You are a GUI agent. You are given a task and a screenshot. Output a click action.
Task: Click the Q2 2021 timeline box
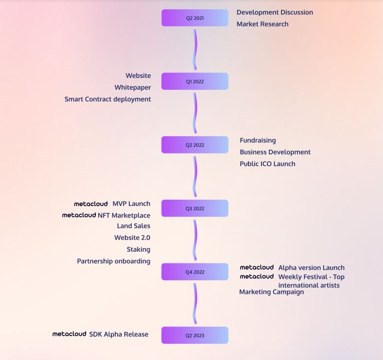click(x=194, y=18)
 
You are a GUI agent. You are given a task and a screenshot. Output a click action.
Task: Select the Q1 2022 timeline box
click(x=194, y=82)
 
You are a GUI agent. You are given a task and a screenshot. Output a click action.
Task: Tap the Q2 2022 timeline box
click(x=194, y=145)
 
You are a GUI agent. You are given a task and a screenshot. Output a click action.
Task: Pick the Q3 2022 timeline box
click(x=194, y=208)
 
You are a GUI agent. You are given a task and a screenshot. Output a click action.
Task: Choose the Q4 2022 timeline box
click(x=194, y=272)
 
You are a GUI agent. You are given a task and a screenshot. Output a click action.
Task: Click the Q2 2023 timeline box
click(x=194, y=335)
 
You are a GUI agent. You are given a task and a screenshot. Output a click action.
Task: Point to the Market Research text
click(x=262, y=24)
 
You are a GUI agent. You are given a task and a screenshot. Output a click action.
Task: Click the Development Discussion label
click(x=275, y=12)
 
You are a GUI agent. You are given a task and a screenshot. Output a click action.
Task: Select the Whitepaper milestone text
click(x=133, y=87)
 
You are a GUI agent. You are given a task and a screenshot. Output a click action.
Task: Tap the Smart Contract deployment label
click(x=107, y=99)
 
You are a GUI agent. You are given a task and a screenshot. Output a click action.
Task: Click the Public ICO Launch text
click(x=267, y=164)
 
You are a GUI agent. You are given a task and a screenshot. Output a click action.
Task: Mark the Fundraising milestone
click(x=258, y=140)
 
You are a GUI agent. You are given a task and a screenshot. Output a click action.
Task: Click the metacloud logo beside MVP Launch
click(x=91, y=204)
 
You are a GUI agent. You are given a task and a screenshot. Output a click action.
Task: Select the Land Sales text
click(x=134, y=226)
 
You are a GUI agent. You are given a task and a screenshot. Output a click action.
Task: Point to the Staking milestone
click(x=139, y=249)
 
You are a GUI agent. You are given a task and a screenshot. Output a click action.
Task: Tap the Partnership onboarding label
click(x=113, y=261)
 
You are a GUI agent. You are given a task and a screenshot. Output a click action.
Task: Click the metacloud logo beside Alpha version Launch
click(x=257, y=267)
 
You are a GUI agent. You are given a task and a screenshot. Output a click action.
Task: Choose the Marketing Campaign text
click(x=271, y=292)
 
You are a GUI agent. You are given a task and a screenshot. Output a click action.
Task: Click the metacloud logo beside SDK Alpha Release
click(x=69, y=334)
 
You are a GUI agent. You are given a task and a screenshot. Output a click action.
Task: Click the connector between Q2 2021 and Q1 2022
click(x=195, y=50)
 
